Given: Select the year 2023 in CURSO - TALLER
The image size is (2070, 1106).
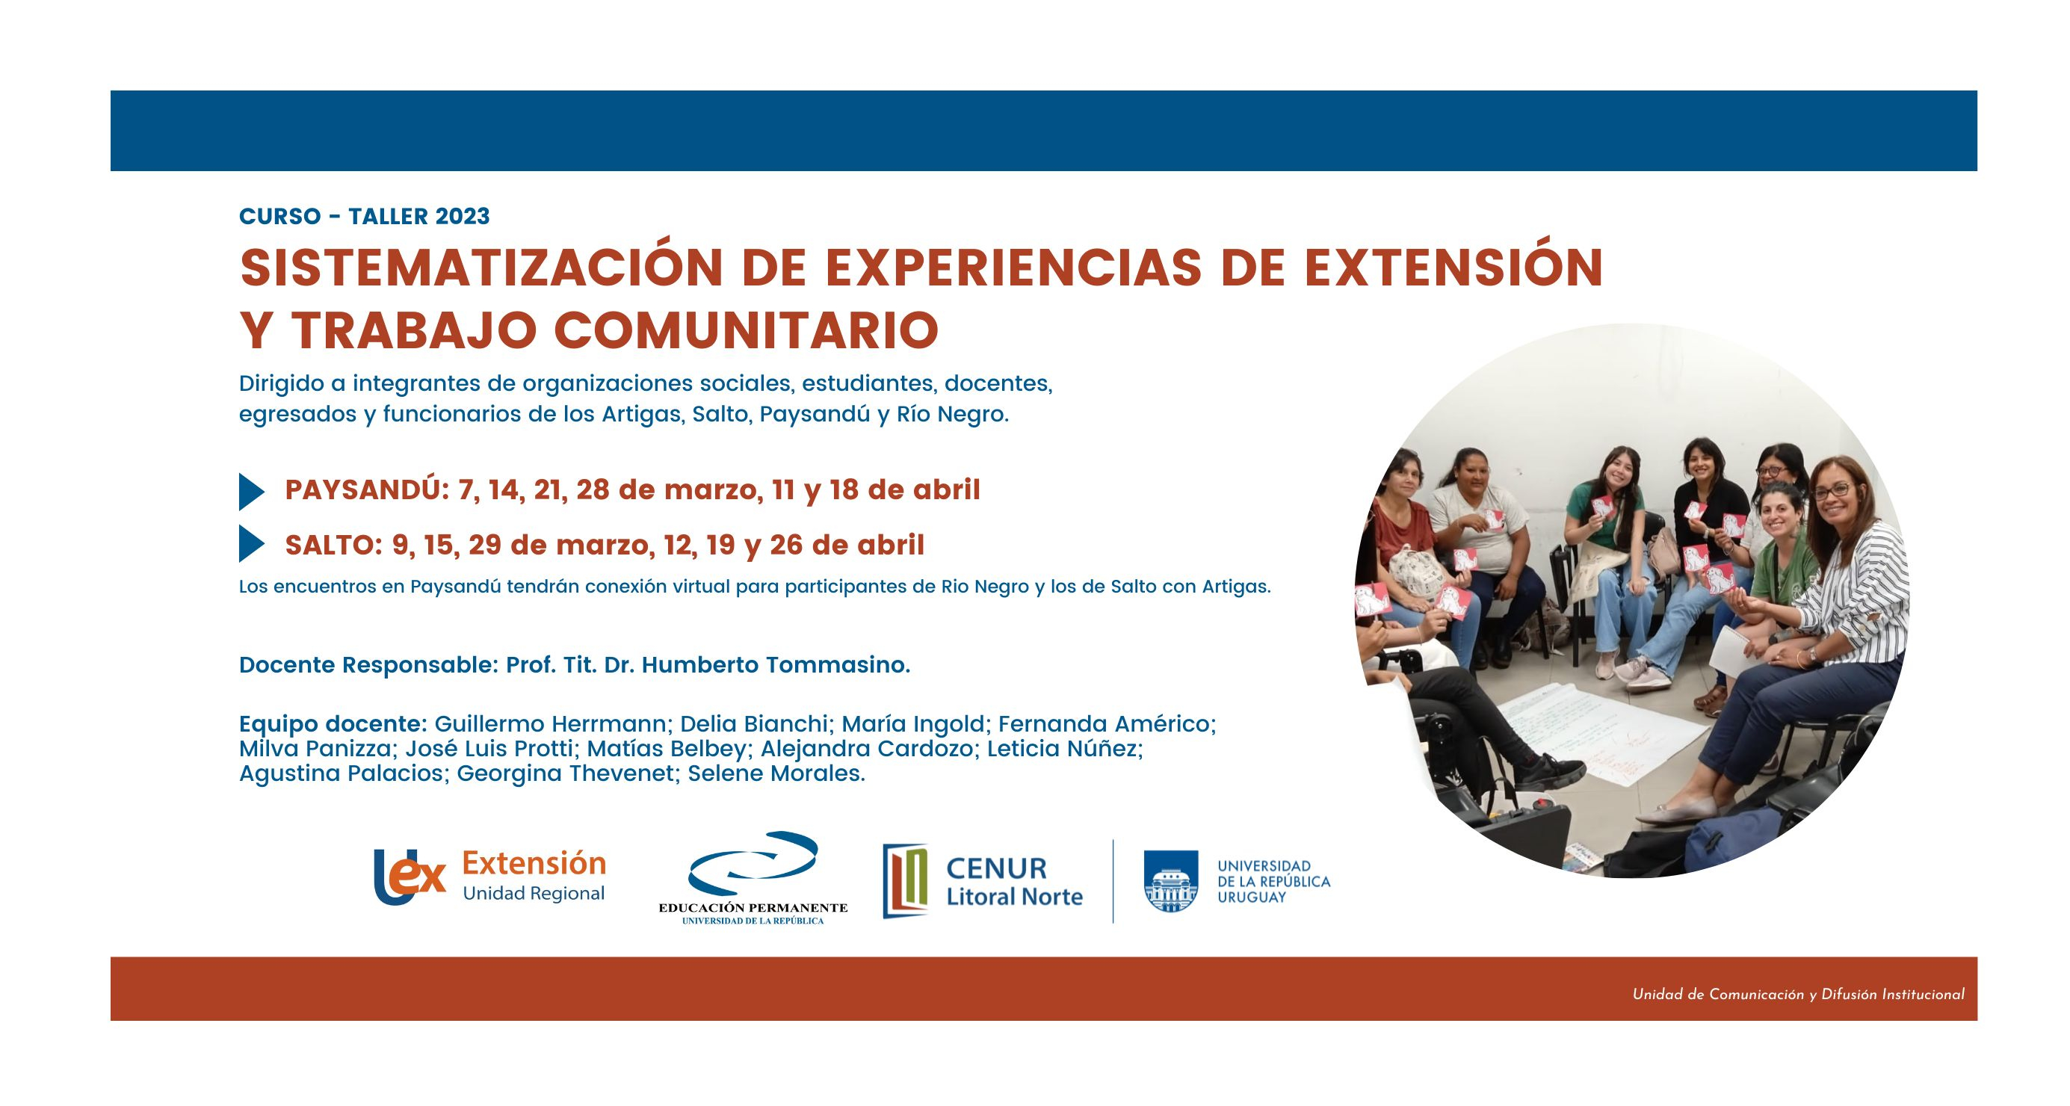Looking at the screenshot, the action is point(462,216).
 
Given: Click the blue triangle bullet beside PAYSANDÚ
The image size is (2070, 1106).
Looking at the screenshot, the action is point(252,492).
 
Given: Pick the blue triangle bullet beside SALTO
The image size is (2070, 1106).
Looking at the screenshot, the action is point(252,544).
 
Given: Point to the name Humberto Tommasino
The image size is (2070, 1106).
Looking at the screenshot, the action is point(776,665).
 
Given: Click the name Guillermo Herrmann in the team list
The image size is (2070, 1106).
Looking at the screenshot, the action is point(551,723).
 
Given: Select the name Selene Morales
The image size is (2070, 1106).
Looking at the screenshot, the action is point(776,773).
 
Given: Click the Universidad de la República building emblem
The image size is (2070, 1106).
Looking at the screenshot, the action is point(1170,881).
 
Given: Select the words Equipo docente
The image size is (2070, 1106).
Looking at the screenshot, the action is point(333,723).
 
